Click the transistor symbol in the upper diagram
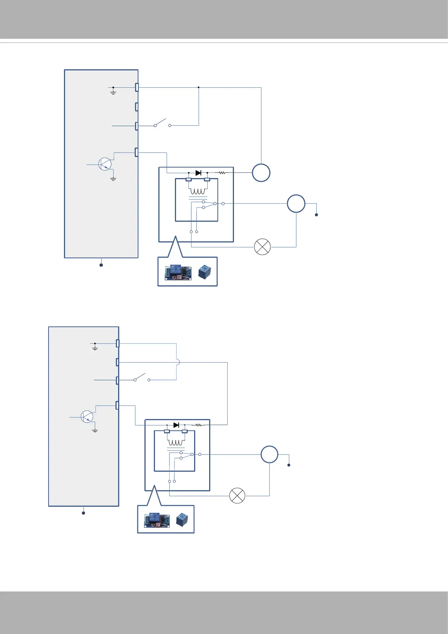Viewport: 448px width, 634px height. click(x=105, y=164)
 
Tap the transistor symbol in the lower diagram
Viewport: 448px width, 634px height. click(x=87, y=417)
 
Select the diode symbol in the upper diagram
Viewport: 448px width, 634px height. click(x=198, y=173)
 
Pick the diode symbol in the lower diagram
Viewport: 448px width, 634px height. click(x=176, y=425)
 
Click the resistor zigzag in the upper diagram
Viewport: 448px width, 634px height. click(x=222, y=173)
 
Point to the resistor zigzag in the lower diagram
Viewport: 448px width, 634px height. click(x=199, y=425)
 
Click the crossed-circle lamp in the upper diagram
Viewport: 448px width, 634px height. click(x=263, y=247)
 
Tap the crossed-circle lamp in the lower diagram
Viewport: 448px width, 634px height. click(x=237, y=496)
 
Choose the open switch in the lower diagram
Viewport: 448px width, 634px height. click(x=142, y=378)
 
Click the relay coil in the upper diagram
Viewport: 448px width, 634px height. click(x=197, y=190)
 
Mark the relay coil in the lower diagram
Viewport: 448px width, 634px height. click(x=175, y=442)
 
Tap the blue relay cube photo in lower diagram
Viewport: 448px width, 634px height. click(x=182, y=520)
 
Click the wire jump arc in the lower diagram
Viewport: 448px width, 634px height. click(x=178, y=362)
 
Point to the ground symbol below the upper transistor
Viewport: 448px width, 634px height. click(x=113, y=178)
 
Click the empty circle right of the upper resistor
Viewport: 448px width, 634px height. click(x=261, y=173)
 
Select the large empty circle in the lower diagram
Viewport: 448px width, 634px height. click(x=269, y=454)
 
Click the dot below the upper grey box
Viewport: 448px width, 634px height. click(x=101, y=265)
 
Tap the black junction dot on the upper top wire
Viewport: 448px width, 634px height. click(x=199, y=87)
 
